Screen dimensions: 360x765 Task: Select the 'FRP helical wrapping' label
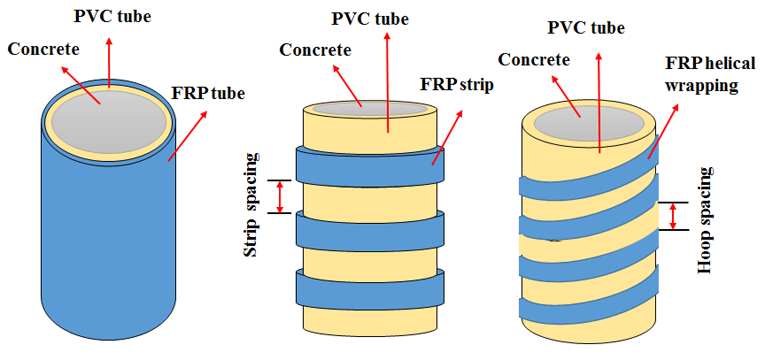[x=710, y=74]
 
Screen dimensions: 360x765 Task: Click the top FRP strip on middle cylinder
[x=370, y=168]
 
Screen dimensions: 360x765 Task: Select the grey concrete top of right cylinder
[x=589, y=123]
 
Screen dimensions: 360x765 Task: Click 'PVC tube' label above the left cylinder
[x=112, y=16]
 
